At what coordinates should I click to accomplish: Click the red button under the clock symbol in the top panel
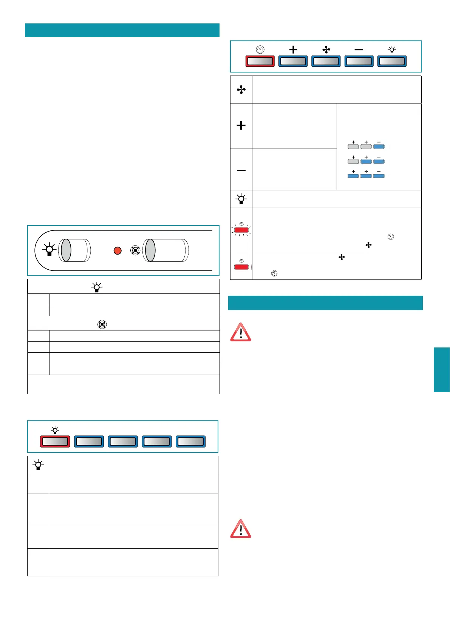tap(260, 61)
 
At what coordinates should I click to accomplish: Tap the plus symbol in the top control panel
tap(293, 49)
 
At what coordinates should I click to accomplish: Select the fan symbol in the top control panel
tap(326, 49)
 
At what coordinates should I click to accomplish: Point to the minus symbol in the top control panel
tap(359, 49)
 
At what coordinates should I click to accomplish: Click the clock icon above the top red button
tap(260, 49)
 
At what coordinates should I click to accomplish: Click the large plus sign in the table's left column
tap(241, 125)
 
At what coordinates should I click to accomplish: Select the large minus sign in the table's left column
tap(241, 171)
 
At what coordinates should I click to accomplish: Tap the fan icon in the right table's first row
tap(241, 90)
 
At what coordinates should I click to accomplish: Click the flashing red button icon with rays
tap(241, 230)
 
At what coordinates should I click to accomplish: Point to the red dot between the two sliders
tap(118, 250)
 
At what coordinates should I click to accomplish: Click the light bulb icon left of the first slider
tap(49, 250)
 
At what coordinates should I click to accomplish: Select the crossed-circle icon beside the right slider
tap(135, 250)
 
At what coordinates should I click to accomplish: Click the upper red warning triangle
tap(241, 332)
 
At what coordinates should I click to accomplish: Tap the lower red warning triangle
tap(241, 529)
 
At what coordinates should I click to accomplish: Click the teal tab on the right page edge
tap(442, 370)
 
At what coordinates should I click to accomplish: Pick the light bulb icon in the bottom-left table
tap(38, 465)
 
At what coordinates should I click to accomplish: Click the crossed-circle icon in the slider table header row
tap(102, 324)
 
